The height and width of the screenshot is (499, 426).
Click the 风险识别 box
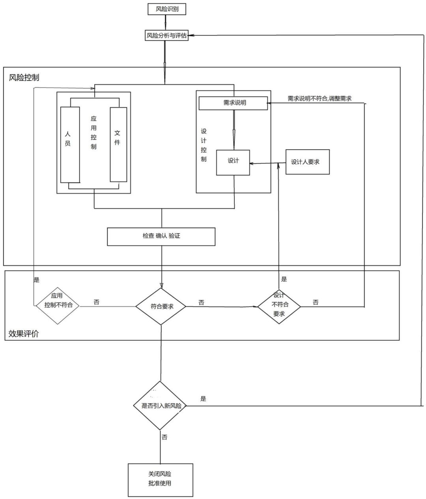[x=166, y=9]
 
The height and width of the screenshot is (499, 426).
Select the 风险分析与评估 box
[x=166, y=36]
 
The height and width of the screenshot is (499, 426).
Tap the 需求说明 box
[x=233, y=103]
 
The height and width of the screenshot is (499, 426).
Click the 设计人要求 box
[x=307, y=162]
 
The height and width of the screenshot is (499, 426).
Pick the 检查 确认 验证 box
[x=161, y=237]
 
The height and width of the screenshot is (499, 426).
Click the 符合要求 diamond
[x=161, y=307]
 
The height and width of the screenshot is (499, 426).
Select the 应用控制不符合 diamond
[x=58, y=306]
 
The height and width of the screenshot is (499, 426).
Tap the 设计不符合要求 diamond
[x=279, y=305]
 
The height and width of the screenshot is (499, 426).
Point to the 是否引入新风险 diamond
[x=160, y=406]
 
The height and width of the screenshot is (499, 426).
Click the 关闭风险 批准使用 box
[x=161, y=479]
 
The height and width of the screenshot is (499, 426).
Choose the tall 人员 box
[x=70, y=144]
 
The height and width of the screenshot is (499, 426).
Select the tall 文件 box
[x=118, y=144]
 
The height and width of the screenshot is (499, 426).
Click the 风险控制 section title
[x=24, y=77]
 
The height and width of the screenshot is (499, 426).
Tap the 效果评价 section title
[x=24, y=334]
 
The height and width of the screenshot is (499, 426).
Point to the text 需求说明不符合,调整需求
[x=319, y=99]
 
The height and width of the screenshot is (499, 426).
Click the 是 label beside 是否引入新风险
[x=203, y=399]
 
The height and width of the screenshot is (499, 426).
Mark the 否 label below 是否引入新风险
[x=164, y=437]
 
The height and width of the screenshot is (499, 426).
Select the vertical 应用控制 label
[x=93, y=132]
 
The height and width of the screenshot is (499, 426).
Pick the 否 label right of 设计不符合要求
[x=316, y=303]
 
